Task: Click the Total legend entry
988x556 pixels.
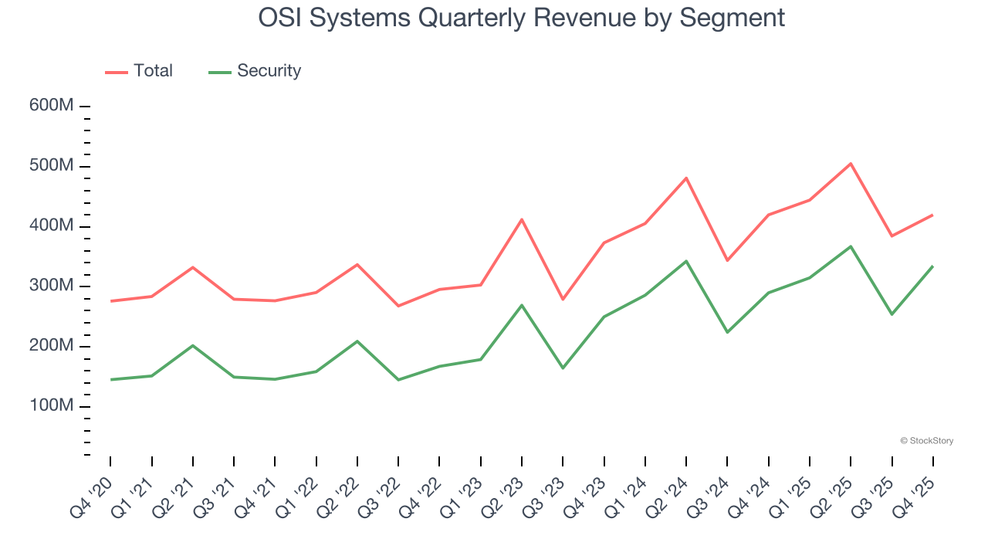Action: [x=140, y=71]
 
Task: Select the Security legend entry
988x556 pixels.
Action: [x=255, y=71]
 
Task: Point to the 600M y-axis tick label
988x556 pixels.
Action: [x=51, y=106]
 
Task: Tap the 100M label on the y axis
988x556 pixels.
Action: [x=51, y=406]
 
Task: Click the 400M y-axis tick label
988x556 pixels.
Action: [x=51, y=226]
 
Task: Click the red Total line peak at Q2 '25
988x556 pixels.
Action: [x=851, y=164]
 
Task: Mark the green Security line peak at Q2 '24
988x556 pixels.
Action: [x=686, y=261]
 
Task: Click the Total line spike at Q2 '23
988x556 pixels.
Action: [x=522, y=219]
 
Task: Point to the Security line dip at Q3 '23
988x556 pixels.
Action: [x=563, y=368]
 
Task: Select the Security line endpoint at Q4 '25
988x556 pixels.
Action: [x=932, y=266]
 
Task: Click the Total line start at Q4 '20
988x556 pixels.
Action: [x=110, y=301]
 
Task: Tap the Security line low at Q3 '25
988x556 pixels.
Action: [x=892, y=314]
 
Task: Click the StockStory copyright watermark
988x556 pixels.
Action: [x=926, y=441]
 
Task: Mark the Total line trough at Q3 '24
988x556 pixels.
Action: [x=727, y=260]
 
